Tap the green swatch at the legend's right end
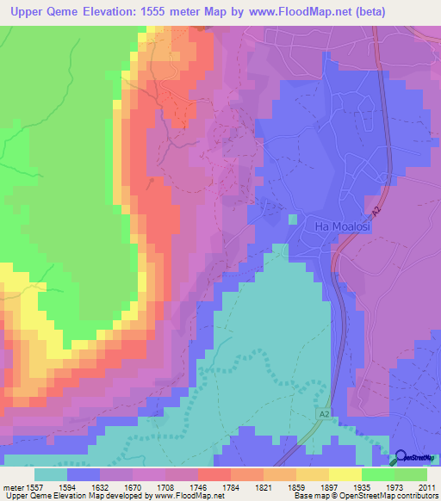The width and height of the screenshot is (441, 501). (x=411, y=474)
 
